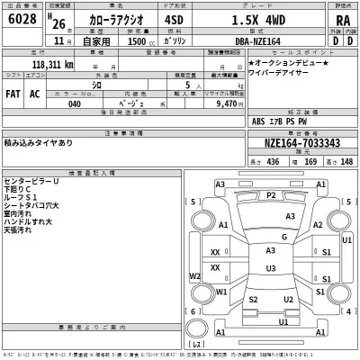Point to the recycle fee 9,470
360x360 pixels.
point(219,103)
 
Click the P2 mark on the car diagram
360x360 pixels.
point(271,195)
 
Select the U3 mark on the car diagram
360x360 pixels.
point(270,268)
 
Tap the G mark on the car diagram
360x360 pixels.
point(283,236)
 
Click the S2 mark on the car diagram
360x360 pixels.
point(254,299)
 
